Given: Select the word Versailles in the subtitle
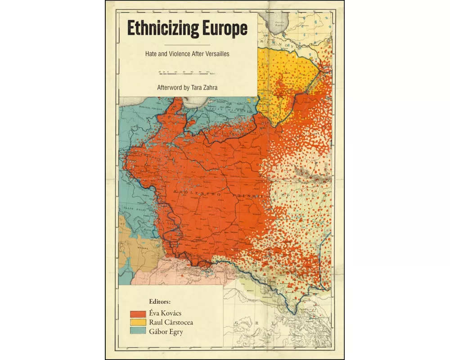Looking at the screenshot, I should [x=213, y=54].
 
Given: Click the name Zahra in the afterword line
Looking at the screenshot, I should [x=210, y=88].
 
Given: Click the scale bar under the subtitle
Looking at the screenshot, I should [x=187, y=72].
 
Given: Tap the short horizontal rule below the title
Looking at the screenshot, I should [x=188, y=45].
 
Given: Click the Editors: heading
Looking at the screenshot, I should [x=160, y=301].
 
